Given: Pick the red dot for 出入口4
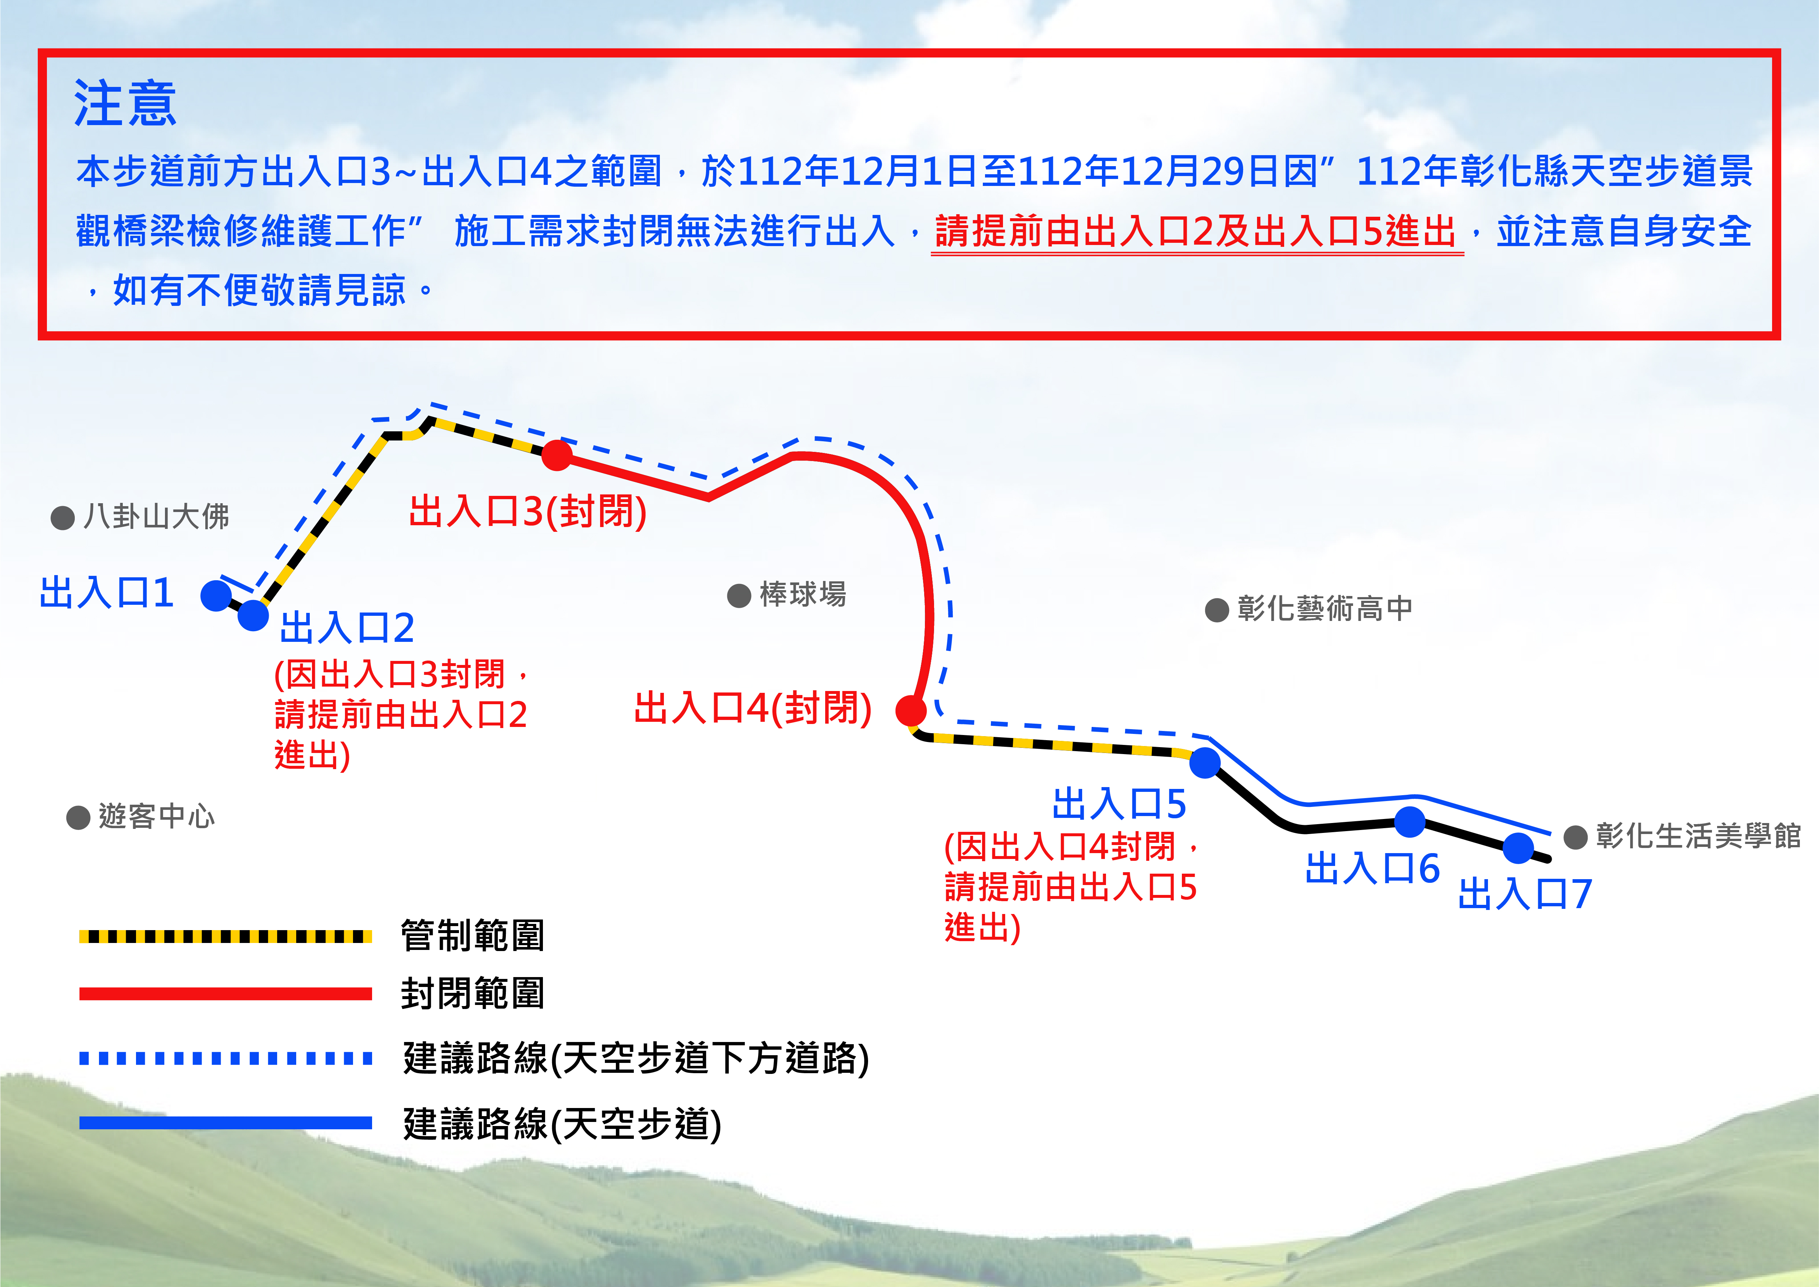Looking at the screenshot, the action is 911,710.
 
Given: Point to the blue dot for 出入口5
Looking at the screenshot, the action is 1204,763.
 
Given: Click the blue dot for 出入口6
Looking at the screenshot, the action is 1410,822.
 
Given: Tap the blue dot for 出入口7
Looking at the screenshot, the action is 1517,848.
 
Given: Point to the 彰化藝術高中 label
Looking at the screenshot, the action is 1324,608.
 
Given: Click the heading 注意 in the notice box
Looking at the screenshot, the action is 125,104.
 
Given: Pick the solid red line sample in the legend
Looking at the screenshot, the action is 226,994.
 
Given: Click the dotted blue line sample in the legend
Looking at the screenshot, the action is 226,1058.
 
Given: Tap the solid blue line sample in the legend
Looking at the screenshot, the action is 226,1122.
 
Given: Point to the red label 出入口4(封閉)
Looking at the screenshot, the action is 753,708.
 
